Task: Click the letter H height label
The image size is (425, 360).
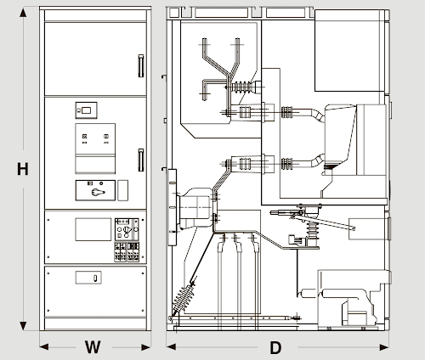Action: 23,169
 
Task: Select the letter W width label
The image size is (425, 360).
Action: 93,347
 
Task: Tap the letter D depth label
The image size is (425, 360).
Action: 275,348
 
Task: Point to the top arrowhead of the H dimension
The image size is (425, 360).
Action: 23,13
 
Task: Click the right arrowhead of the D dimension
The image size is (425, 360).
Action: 384,347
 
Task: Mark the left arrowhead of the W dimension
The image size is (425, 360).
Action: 44,346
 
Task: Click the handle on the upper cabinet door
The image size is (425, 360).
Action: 141,65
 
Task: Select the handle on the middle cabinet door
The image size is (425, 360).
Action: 141,160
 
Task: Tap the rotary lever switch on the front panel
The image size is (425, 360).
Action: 98,192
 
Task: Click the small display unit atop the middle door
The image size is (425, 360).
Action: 86,110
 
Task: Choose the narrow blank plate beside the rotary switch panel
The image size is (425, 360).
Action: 122,190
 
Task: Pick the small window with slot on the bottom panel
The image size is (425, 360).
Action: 88,278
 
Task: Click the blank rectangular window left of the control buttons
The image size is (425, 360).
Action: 93,229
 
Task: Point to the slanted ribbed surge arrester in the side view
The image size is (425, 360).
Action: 184,299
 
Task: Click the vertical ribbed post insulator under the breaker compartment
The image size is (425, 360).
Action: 312,229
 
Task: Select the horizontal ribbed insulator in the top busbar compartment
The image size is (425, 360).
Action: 242,87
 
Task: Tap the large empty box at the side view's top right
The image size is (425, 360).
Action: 350,50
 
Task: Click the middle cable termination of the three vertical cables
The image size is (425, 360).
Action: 238,244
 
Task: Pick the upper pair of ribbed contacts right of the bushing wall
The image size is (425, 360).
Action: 286,112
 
